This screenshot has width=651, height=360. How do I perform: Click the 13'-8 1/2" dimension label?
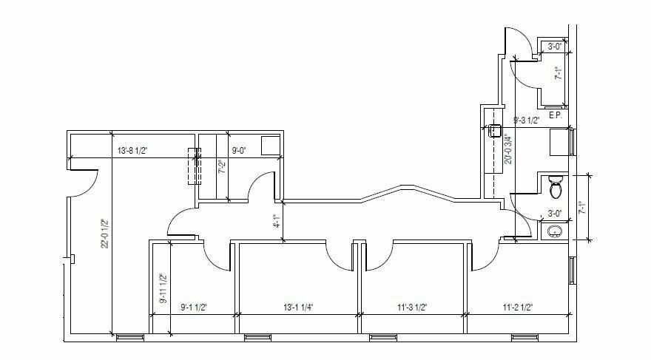click(x=132, y=151)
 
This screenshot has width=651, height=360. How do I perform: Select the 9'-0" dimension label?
click(x=239, y=151)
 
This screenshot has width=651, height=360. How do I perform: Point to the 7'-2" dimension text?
click(x=223, y=167)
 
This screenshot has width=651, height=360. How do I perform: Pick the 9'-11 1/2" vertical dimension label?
click(x=163, y=288)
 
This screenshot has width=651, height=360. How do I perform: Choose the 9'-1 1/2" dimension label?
click(x=194, y=308)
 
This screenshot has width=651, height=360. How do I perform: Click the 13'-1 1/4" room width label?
click(x=298, y=308)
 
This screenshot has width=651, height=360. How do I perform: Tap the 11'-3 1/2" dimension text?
click(x=412, y=308)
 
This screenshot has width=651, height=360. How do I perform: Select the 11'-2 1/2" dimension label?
click(x=518, y=308)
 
